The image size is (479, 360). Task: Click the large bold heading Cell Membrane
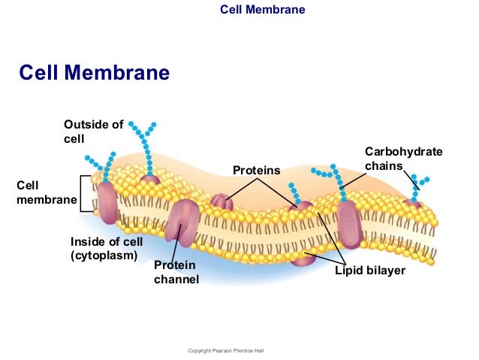(94, 73)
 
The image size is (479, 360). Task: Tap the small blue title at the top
(262, 10)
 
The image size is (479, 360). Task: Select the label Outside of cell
(93, 132)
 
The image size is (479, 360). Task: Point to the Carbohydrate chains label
(403, 159)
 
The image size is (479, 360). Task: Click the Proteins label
(256, 171)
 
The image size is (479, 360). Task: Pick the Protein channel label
(176, 272)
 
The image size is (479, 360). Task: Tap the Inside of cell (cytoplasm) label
(106, 248)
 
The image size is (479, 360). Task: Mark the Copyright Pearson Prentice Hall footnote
(226, 351)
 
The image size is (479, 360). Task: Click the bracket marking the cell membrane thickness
(86, 194)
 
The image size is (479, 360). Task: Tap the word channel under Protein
(176, 280)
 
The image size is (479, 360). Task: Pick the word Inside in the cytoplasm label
(86, 241)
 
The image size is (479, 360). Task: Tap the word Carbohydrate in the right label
(403, 152)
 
